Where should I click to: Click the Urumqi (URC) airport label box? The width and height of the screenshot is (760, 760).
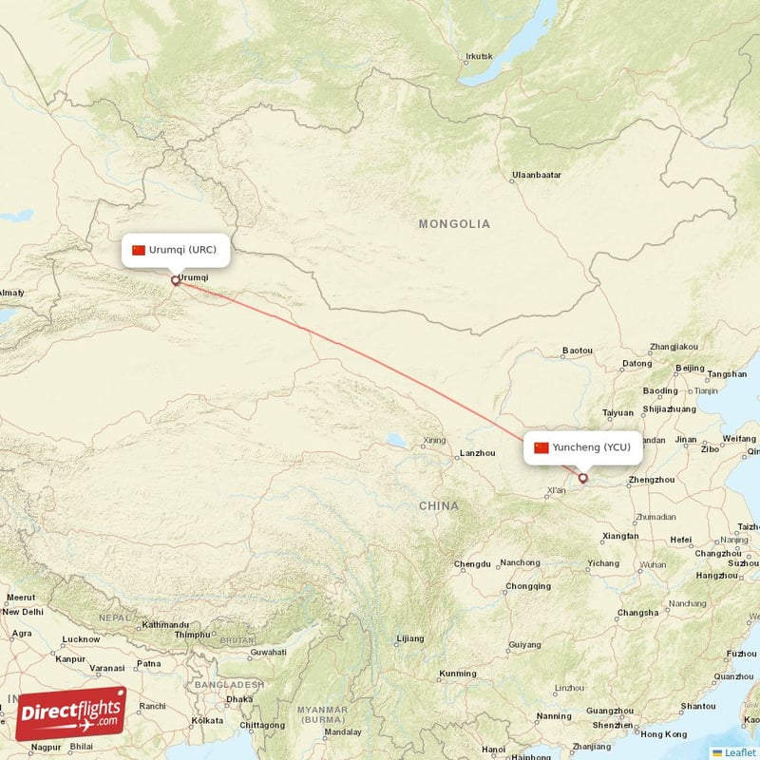(176, 250)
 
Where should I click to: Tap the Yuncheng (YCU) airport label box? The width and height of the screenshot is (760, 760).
(582, 447)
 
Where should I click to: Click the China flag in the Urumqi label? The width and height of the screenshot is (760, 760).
(139, 250)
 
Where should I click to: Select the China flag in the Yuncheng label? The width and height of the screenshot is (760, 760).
(541, 447)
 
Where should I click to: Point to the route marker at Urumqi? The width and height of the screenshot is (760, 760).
(175, 280)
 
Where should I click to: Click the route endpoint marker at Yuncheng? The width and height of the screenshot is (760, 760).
(582, 478)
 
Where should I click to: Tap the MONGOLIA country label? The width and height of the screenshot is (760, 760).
(454, 224)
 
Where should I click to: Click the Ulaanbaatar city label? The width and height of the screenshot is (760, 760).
(537, 176)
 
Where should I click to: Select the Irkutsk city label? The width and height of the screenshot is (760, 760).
(480, 56)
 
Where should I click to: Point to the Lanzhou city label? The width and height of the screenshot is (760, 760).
(477, 454)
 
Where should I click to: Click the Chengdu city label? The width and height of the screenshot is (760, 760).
(472, 564)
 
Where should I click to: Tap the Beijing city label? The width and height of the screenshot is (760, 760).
(690, 369)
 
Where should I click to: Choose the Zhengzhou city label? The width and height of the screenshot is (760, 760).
(652, 480)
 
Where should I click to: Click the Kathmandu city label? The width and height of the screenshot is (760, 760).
(166, 625)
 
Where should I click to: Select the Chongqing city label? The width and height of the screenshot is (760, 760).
(527, 586)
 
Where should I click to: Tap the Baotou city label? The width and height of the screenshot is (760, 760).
(577, 351)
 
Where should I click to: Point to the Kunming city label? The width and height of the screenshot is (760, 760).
(458, 674)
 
